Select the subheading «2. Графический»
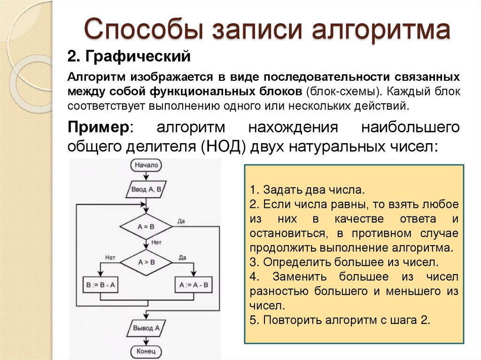pyautogui.click(x=129, y=57)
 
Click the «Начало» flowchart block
pyautogui.click(x=147, y=165)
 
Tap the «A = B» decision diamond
pyautogui.click(x=147, y=227)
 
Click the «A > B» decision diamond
pyautogui.click(x=147, y=262)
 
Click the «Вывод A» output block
pyautogui.click(x=147, y=327)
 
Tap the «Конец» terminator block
pyautogui.click(x=147, y=351)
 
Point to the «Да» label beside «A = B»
pyautogui.click(x=181, y=221)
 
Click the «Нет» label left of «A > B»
pyautogui.click(x=111, y=257)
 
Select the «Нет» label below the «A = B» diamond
pyautogui.click(x=156, y=242)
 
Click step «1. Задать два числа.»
pyautogui.click(x=307, y=191)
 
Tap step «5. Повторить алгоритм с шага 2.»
pyautogui.click(x=340, y=321)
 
